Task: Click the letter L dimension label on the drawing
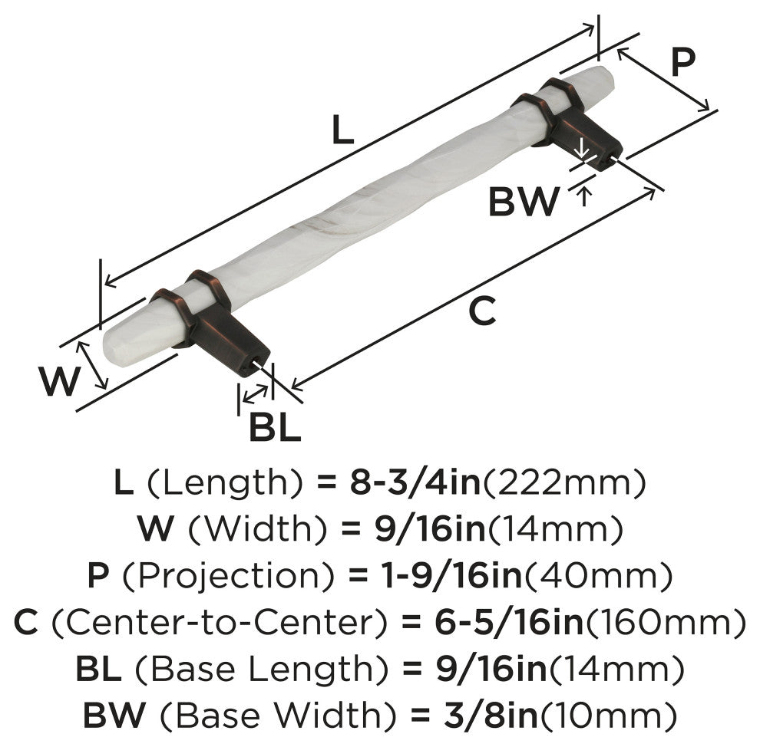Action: point(343,130)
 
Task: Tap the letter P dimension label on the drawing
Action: point(683,61)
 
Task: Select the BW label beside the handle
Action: point(524,202)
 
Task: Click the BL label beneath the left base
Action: point(275,426)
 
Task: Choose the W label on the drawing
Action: point(58,381)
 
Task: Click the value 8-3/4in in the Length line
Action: point(415,482)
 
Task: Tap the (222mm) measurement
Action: point(564,482)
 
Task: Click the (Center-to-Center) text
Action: point(219,622)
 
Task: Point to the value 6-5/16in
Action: point(508,622)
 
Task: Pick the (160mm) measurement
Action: point(666,623)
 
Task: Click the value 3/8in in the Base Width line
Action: point(491,715)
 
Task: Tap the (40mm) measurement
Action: point(598,576)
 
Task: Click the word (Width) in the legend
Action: point(257,528)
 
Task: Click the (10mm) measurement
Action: point(608,716)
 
